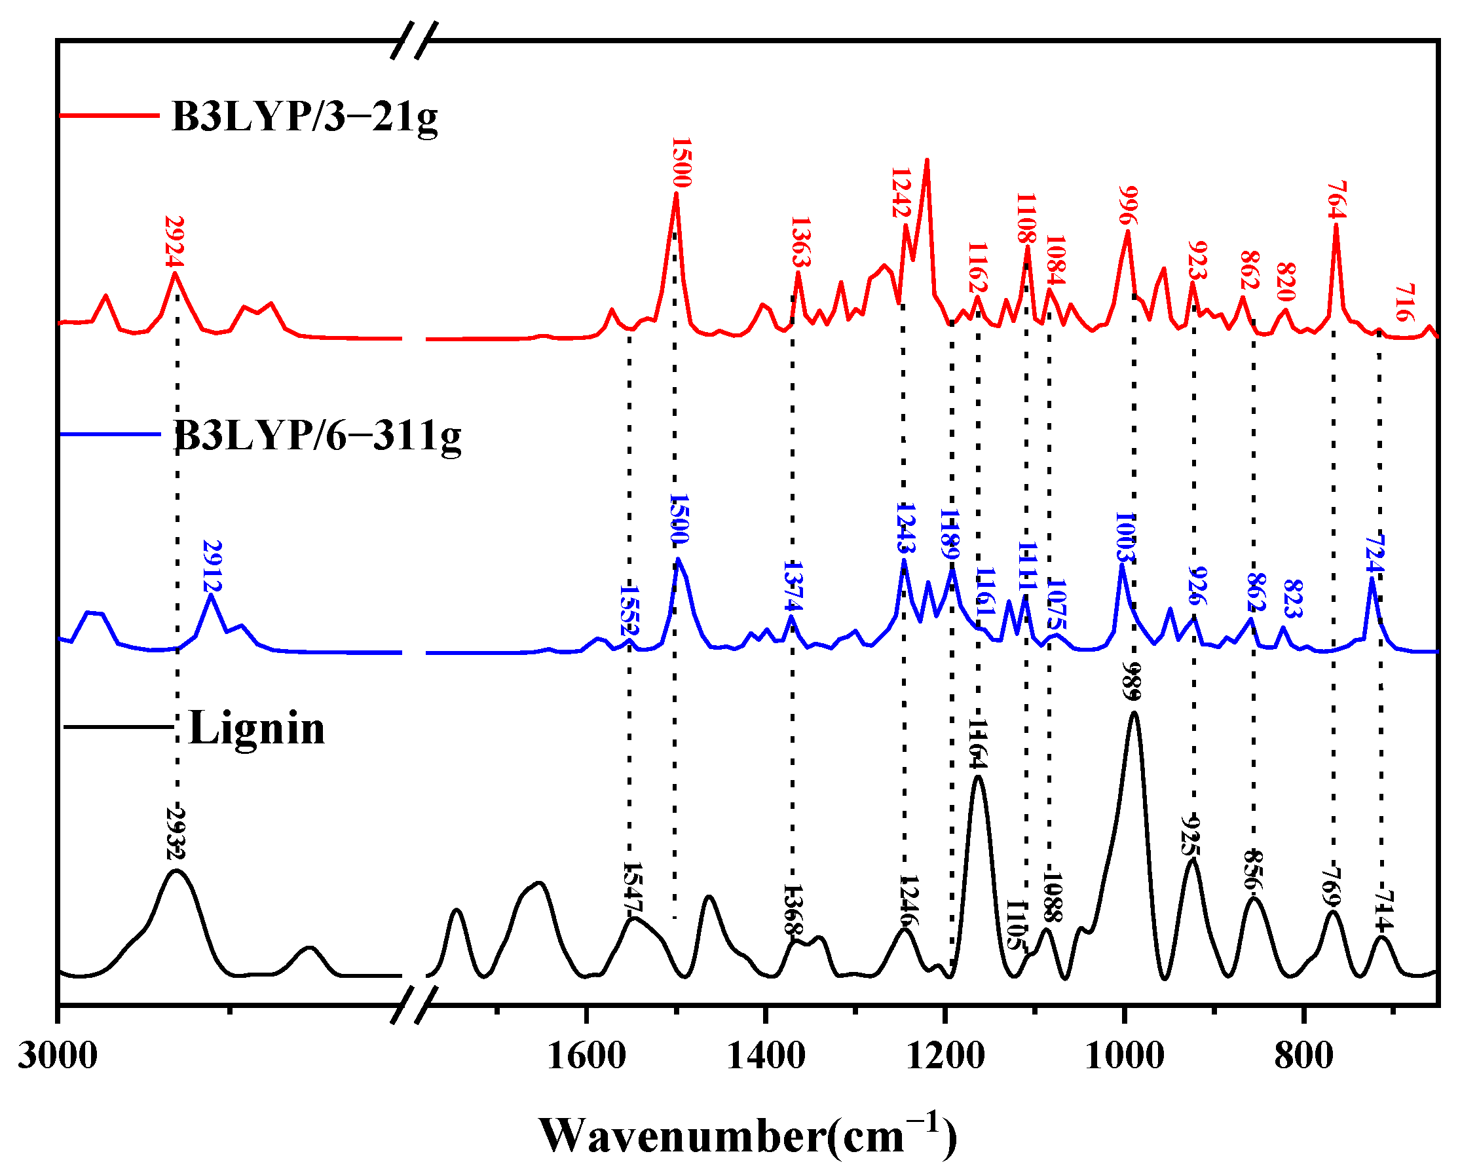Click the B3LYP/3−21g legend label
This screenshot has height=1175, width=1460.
[x=305, y=117]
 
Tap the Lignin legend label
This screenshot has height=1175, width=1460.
[x=257, y=729]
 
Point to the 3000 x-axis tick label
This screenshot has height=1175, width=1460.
[x=58, y=1056]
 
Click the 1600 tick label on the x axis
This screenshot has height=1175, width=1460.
[x=586, y=1056]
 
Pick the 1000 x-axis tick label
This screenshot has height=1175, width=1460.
[x=1125, y=1056]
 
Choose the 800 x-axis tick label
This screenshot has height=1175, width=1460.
[x=1303, y=1056]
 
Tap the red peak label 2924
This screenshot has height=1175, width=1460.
[x=175, y=242]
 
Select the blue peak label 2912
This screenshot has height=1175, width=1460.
[x=213, y=565]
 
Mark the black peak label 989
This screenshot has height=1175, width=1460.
[x=1132, y=681]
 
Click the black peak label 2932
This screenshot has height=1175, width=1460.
[x=176, y=833]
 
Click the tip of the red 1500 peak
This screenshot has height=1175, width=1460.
[x=676, y=195]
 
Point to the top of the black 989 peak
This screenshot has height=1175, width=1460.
[x=1134, y=713]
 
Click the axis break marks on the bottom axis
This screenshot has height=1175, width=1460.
[x=413, y=1005]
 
